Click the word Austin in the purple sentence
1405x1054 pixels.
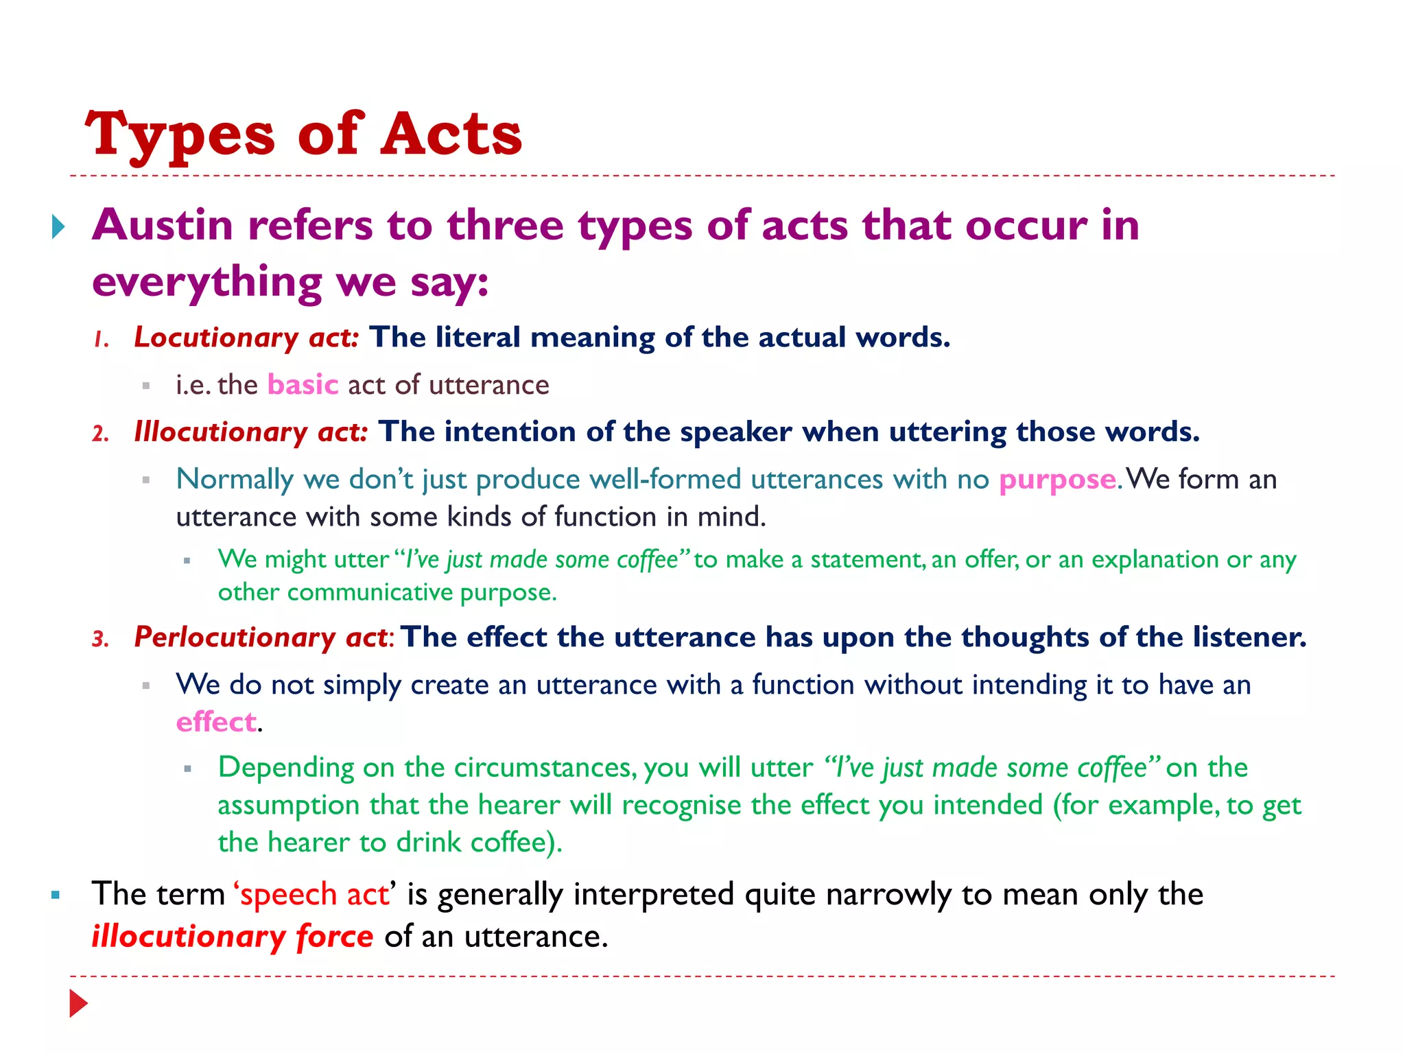[x=163, y=225]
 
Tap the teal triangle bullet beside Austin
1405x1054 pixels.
[x=58, y=226]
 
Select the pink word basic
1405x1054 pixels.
[x=303, y=385]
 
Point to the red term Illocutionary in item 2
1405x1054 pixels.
[x=220, y=432]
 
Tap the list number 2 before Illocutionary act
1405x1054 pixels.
[x=101, y=434]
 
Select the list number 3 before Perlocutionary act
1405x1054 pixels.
[x=101, y=640]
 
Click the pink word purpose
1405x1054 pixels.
[x=1057, y=480]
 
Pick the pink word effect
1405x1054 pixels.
[x=216, y=722]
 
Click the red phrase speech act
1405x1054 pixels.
[x=314, y=895]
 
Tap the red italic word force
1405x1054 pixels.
[x=335, y=937]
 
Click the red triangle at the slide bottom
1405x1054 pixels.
[x=78, y=1003]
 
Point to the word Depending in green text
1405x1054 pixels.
[x=285, y=767]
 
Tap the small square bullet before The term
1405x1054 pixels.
[x=56, y=895]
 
